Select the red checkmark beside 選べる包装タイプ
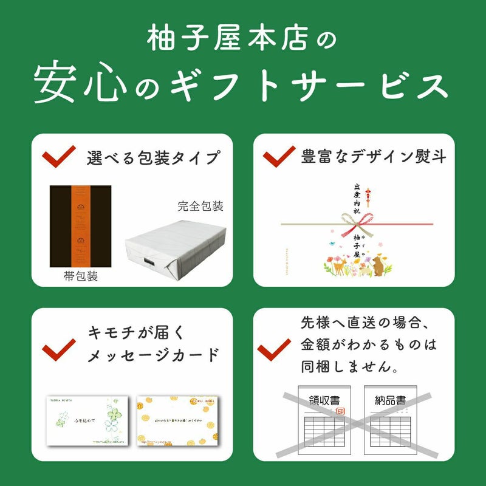click(58, 156)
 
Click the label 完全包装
click(200, 207)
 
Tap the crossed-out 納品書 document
click(392, 419)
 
